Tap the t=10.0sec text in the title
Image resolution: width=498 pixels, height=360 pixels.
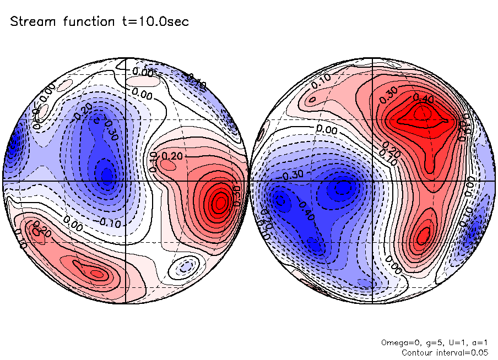click(155, 22)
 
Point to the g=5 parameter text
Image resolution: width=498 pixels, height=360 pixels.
click(427, 342)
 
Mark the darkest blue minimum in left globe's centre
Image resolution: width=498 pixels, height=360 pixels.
click(106, 176)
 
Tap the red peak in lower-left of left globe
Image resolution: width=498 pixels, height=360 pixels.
click(96, 273)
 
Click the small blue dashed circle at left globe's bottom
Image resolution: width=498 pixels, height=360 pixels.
click(185, 268)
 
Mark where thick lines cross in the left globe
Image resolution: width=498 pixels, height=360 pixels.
click(126, 181)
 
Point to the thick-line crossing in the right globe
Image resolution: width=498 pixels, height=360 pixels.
click(373, 181)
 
